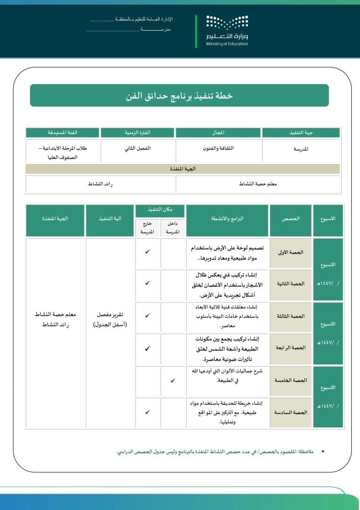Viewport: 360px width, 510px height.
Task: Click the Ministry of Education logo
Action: point(227,30)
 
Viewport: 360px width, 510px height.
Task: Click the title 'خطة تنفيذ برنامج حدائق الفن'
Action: point(179,95)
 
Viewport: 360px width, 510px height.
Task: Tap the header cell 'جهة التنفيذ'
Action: point(301,133)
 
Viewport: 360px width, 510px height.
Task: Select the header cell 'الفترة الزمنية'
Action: point(138,133)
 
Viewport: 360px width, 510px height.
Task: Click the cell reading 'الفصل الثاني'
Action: point(138,148)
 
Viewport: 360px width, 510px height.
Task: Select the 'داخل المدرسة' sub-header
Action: point(173,228)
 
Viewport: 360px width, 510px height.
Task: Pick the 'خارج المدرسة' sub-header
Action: point(147,228)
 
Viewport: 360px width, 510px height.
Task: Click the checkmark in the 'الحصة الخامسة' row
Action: point(173,380)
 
